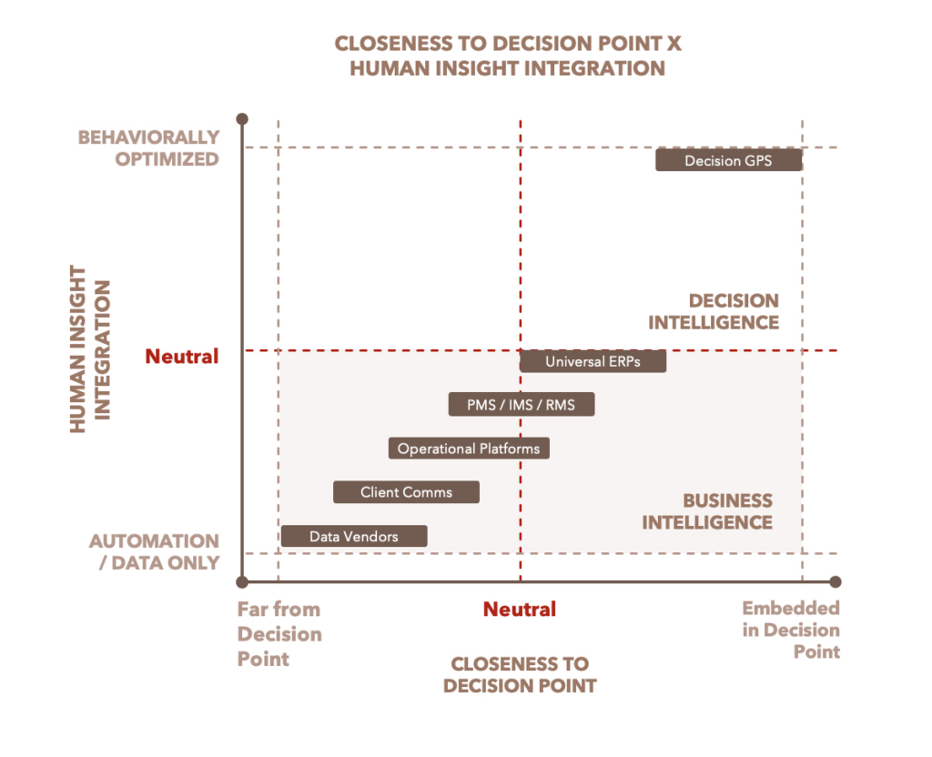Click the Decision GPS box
728,160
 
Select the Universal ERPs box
593,361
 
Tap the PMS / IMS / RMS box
521,405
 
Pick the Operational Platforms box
469,449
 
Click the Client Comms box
406,492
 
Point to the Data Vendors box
353,536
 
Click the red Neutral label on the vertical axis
182,357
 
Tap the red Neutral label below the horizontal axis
520,609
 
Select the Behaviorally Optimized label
148,148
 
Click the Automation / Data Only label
155,551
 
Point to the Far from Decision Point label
279,633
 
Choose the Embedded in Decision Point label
790,630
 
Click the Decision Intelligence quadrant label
714,311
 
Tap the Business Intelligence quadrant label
707,511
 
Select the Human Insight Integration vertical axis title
90,349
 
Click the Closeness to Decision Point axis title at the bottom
520,674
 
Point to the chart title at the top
508,56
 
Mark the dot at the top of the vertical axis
242,119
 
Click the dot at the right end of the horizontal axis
836,581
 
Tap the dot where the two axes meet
242,581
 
